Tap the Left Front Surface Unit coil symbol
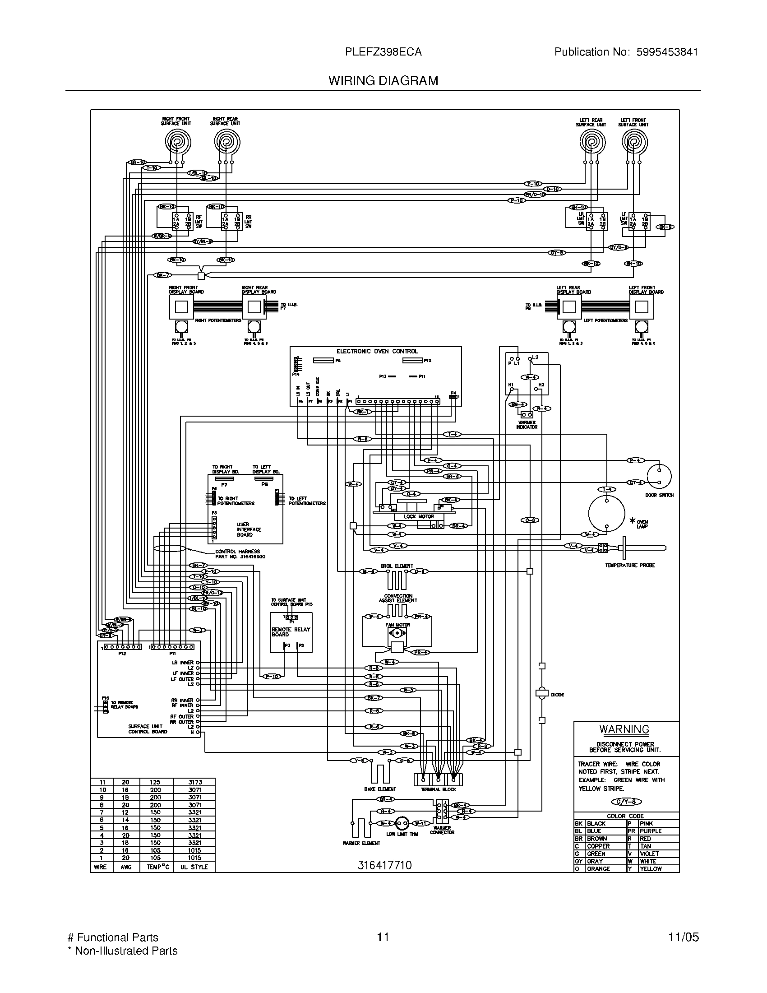(634, 142)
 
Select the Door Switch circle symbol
(659, 476)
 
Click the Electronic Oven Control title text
(377, 351)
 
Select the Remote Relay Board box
(291, 632)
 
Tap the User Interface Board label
(249, 529)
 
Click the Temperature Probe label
(629, 565)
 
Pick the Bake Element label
(380, 789)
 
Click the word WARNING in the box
(624, 729)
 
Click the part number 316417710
(384, 865)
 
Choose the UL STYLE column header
(194, 867)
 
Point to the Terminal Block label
(438, 789)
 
